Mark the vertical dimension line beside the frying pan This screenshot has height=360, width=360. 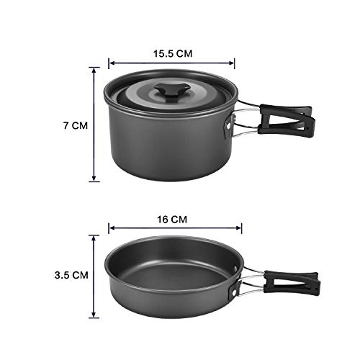94,275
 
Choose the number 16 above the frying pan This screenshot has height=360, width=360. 166,215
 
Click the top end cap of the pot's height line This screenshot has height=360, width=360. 94,67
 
